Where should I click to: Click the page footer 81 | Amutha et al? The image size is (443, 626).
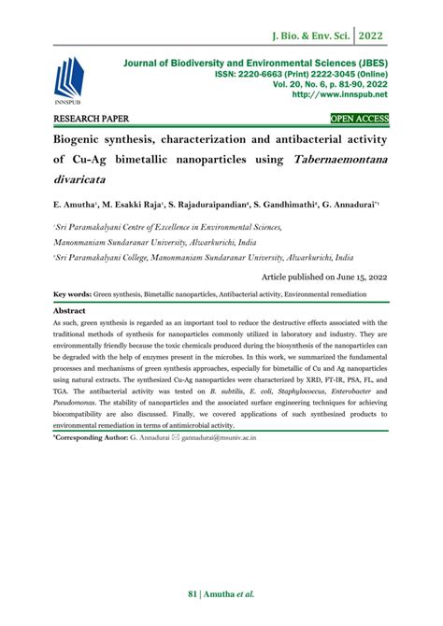point(221,593)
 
